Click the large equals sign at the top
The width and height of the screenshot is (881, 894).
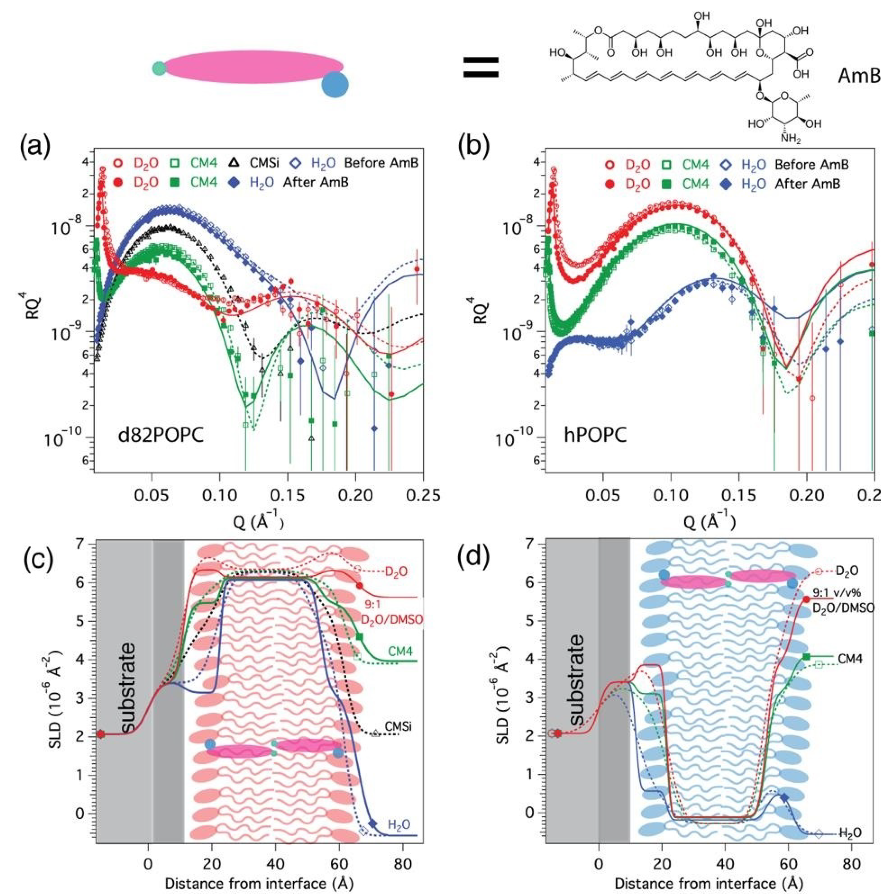481,67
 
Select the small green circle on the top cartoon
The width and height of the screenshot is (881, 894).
159,68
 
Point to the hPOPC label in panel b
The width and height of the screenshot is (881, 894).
595,435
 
